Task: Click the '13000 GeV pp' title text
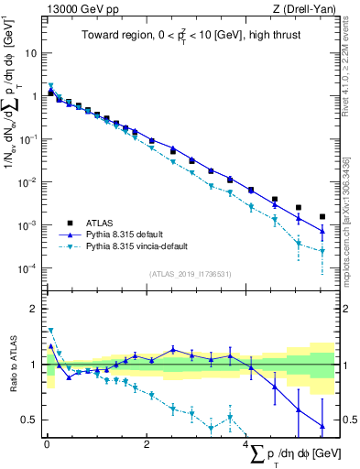coord(79,9)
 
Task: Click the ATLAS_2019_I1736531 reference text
coord(191,273)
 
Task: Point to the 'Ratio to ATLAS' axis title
coord(12,365)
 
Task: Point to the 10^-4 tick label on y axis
coord(27,268)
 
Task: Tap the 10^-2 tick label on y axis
coord(27,182)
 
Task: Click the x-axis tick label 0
coord(47,444)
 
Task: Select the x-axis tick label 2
coord(147,444)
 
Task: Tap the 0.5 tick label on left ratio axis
coord(30,420)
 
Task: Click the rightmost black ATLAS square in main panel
coord(322,217)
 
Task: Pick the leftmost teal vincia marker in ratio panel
coord(50,331)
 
